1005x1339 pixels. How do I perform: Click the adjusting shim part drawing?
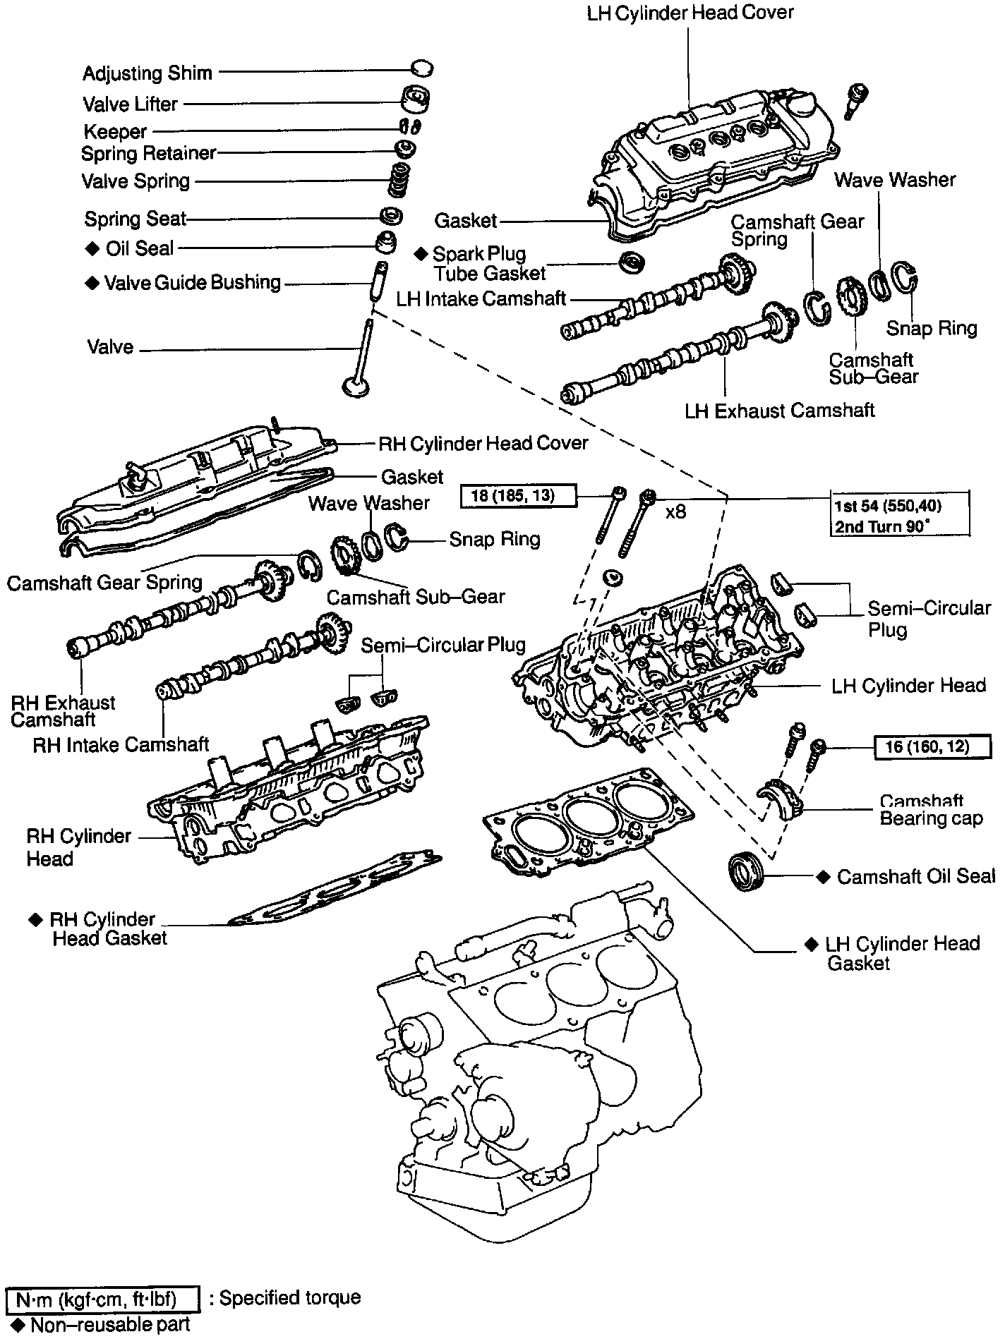(x=422, y=68)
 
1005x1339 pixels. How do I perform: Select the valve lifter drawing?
(x=416, y=99)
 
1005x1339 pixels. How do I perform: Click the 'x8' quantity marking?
(x=675, y=511)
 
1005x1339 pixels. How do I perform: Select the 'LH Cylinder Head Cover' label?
(x=690, y=13)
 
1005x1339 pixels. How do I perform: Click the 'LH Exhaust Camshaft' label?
(x=779, y=411)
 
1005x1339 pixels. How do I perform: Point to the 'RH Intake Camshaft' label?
(x=121, y=744)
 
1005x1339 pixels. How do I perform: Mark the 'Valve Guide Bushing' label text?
(x=192, y=283)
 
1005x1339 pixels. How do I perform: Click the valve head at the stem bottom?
(x=356, y=386)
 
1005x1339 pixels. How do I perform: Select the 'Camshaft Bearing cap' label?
(x=930, y=811)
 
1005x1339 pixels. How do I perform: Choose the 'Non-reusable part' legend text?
(x=109, y=1325)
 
